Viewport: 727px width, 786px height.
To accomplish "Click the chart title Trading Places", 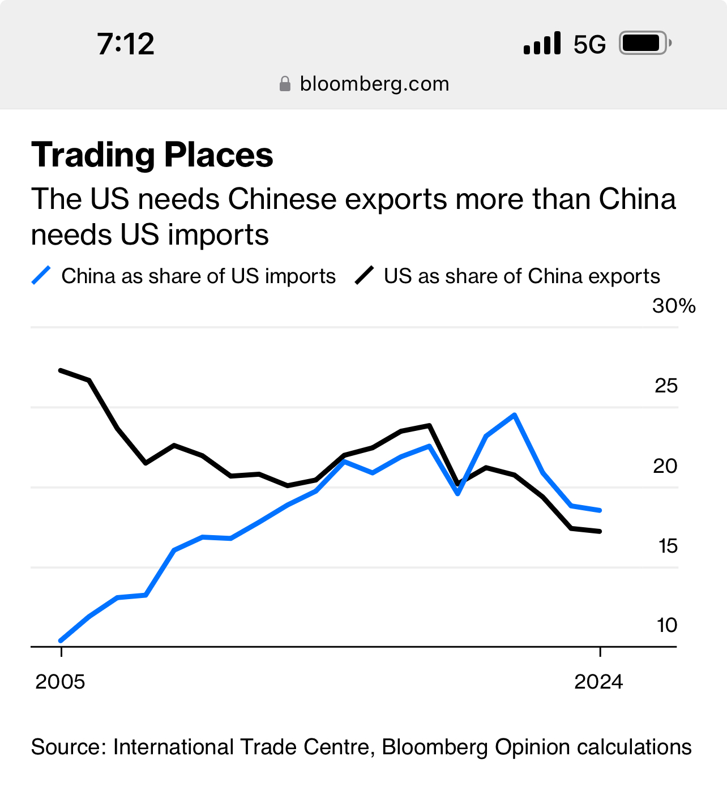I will pyautogui.click(x=152, y=155).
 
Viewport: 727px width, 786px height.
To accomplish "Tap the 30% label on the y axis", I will pyautogui.click(x=673, y=306).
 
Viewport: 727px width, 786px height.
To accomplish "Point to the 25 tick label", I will pyautogui.click(x=666, y=386).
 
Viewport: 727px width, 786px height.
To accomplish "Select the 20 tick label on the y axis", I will pyautogui.click(x=665, y=466).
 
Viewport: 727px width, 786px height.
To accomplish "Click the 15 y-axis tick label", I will pyautogui.click(x=668, y=546).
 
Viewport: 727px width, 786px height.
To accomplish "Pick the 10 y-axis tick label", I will pyautogui.click(x=667, y=625).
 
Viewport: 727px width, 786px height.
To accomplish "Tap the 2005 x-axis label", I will pyautogui.click(x=60, y=682).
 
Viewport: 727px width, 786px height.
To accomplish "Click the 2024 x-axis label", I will pyautogui.click(x=598, y=682).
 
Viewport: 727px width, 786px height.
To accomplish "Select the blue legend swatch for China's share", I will pyautogui.click(x=41, y=276).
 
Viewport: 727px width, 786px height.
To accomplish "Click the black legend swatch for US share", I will pyautogui.click(x=365, y=276).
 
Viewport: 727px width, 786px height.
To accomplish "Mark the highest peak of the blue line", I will pyautogui.click(x=514, y=415).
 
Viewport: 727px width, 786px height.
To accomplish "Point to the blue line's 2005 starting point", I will pyautogui.click(x=61, y=640).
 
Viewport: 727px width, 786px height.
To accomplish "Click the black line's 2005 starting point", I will pyautogui.click(x=61, y=370).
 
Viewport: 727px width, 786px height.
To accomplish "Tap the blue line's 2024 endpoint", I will pyautogui.click(x=600, y=510).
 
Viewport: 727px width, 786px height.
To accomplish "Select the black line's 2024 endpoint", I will pyautogui.click(x=600, y=531).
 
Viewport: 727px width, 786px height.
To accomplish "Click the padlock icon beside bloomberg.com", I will pyautogui.click(x=285, y=84).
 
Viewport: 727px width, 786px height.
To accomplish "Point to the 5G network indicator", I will pyautogui.click(x=589, y=44).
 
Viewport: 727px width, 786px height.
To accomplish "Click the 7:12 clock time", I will pyautogui.click(x=125, y=44).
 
